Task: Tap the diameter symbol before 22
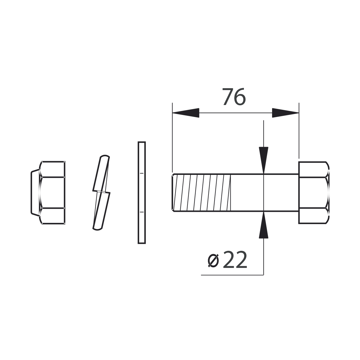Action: (x=213, y=261)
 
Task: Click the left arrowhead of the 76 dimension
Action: (x=186, y=113)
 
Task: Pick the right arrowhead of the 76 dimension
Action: (x=286, y=113)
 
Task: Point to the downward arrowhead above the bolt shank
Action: (x=263, y=160)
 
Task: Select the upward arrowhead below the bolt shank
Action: (x=263, y=225)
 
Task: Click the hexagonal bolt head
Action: (x=314, y=193)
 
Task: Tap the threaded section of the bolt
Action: (x=201, y=193)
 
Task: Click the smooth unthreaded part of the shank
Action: (x=265, y=193)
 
